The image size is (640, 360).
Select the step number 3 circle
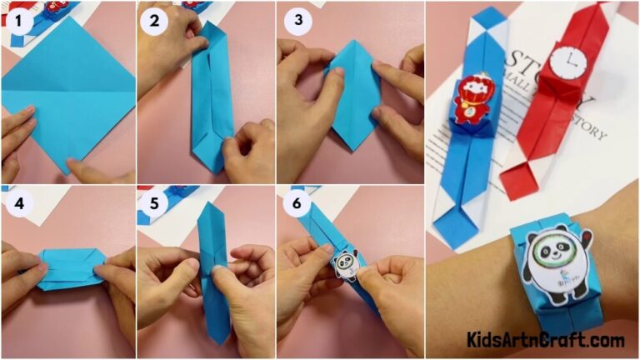click(295, 21)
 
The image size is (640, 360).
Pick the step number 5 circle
click(154, 203)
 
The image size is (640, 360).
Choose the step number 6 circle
click(295, 203)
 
